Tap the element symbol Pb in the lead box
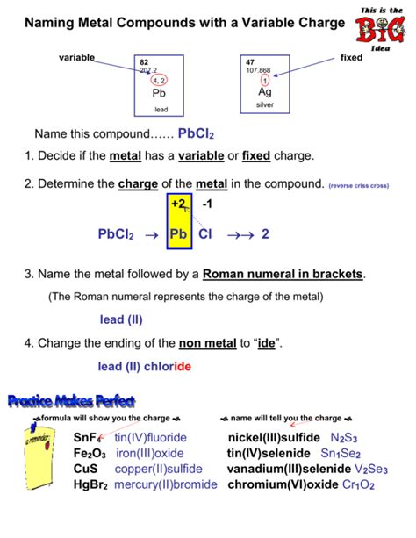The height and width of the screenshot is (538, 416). click(159, 93)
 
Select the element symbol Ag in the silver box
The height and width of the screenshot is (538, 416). click(265, 92)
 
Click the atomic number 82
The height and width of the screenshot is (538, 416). click(144, 62)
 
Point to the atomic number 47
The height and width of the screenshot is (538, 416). click(250, 62)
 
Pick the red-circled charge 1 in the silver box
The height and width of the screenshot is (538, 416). click(265, 80)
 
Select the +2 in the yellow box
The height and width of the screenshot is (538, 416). click(179, 204)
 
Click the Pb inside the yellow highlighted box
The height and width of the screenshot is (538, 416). click(178, 234)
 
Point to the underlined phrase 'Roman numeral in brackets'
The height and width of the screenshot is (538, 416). click(283, 275)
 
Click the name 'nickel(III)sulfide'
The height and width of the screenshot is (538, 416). click(275, 437)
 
